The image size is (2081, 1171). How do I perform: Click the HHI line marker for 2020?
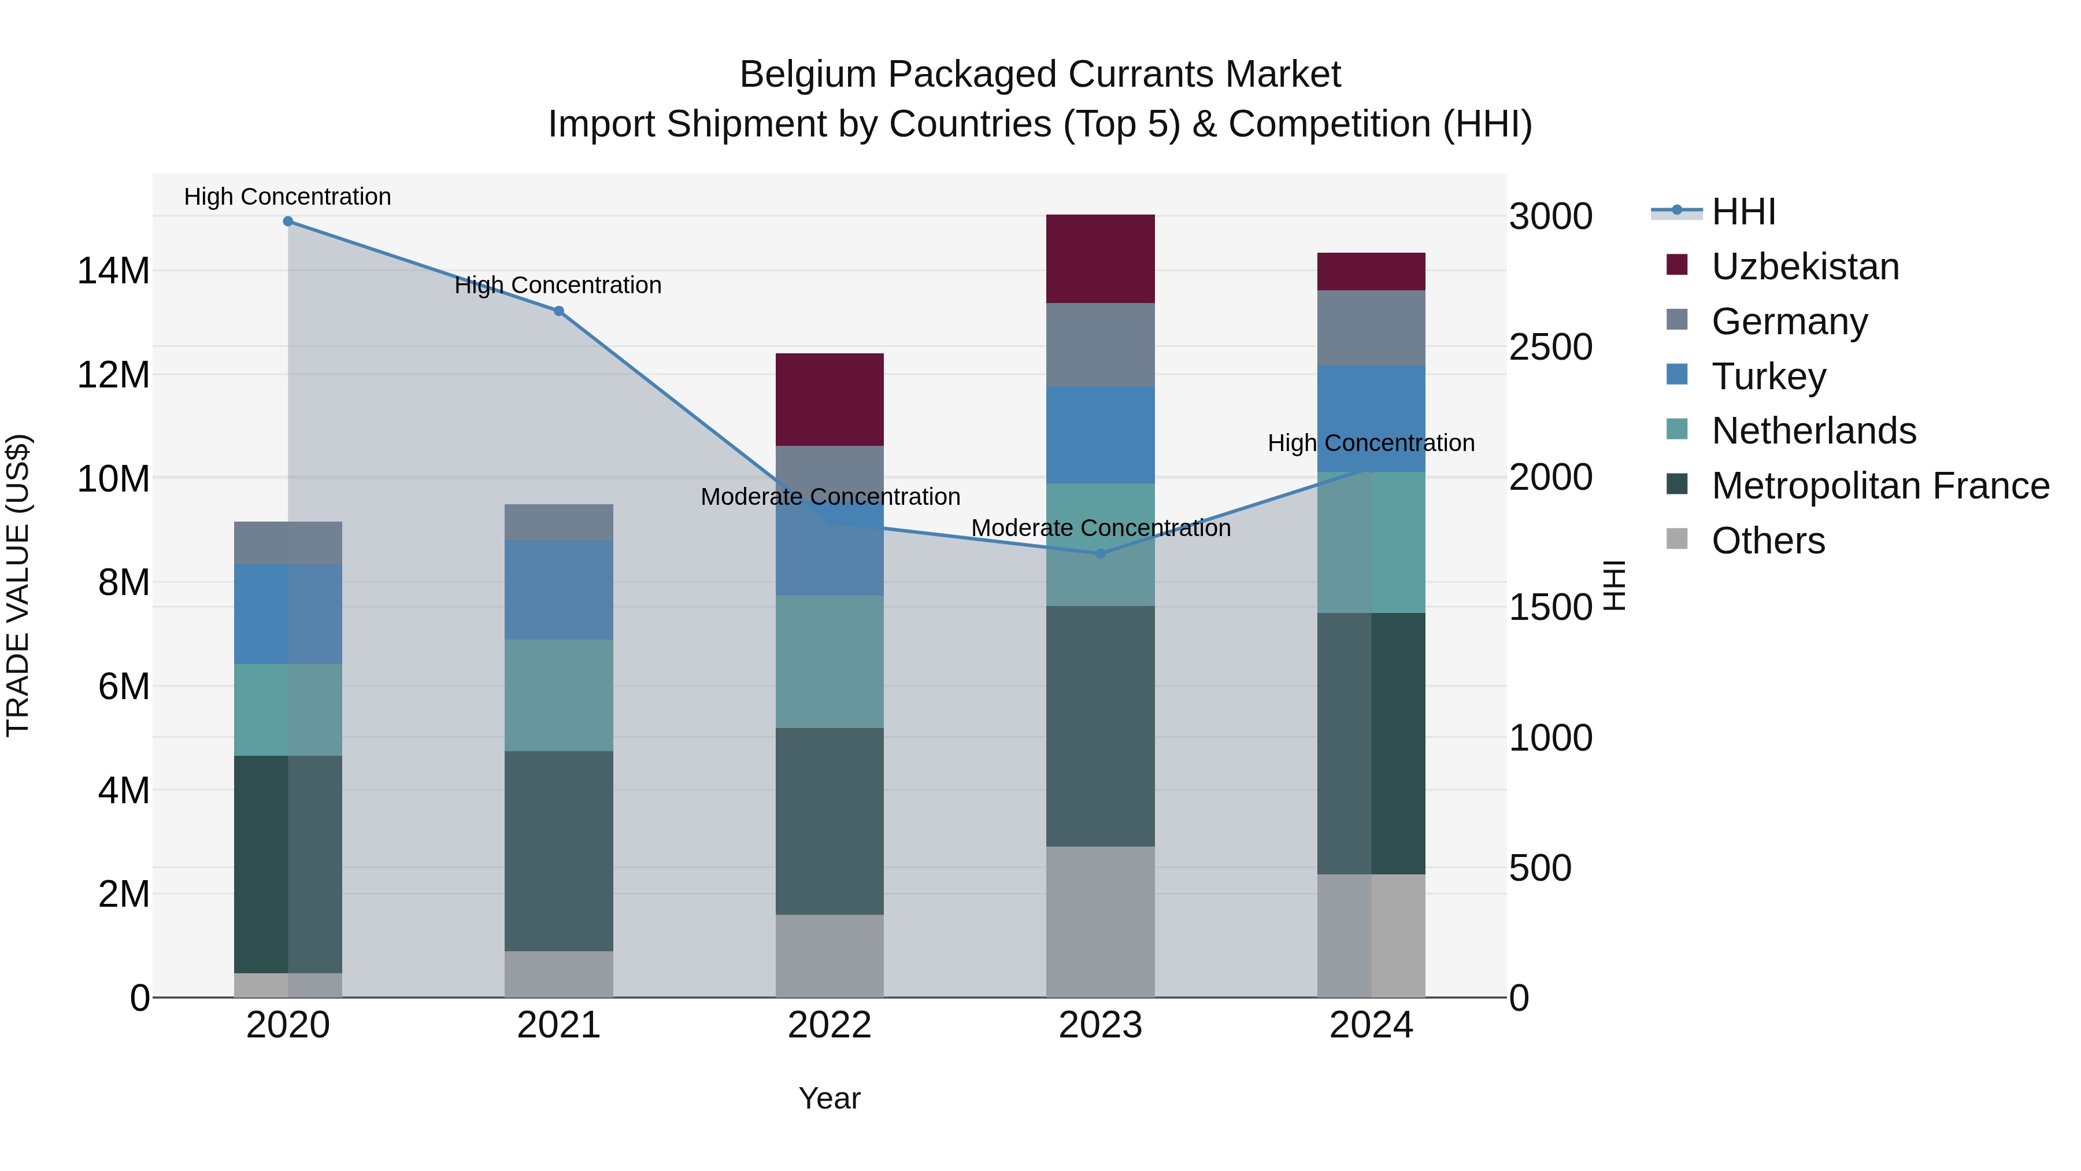click(x=288, y=221)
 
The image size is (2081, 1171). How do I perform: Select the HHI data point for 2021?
click(x=558, y=311)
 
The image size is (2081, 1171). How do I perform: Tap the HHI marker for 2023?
click(x=1099, y=553)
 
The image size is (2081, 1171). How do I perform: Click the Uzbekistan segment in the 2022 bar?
click(x=829, y=399)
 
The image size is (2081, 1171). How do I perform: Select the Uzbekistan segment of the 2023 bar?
click(x=1099, y=258)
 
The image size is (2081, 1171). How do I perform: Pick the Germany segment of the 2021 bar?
click(x=558, y=522)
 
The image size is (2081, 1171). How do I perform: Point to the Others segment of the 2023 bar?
click(x=1099, y=921)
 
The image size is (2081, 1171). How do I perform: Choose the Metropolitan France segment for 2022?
click(x=829, y=821)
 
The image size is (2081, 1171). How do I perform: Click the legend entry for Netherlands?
click(x=1813, y=431)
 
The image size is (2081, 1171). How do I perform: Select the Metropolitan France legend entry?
click(x=1879, y=486)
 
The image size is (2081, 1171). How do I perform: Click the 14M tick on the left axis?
click(x=113, y=271)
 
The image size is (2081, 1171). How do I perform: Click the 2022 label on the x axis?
click(x=829, y=1025)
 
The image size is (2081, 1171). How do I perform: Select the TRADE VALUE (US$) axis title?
click(x=18, y=585)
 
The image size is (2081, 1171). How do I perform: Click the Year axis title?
click(x=829, y=1098)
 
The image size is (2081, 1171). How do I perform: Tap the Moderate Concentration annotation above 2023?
click(x=1100, y=528)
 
